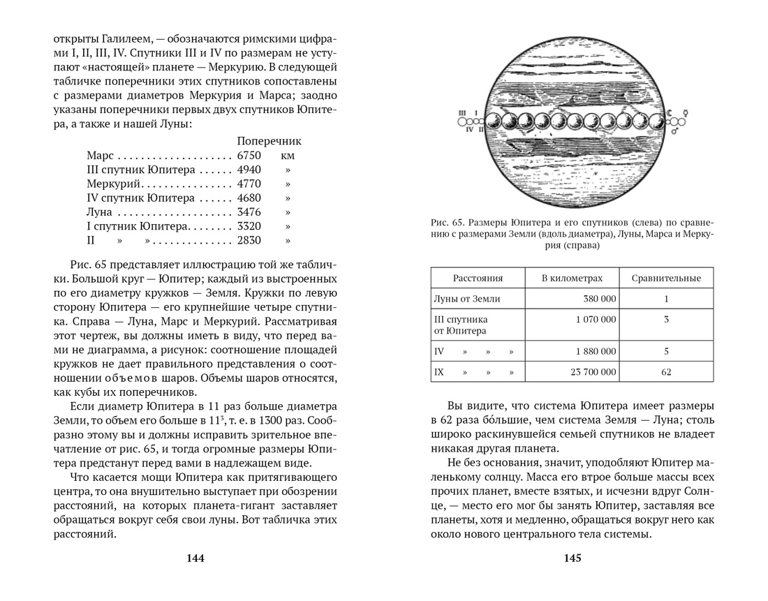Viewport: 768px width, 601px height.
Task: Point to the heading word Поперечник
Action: pos(269,141)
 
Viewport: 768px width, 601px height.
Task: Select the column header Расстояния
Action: pos(478,279)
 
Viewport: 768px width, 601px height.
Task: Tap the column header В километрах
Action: pos(572,279)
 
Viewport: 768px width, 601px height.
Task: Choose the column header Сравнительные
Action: pos(666,279)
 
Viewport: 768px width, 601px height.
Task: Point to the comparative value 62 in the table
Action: pos(666,372)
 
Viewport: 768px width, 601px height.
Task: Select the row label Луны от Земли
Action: pos(467,299)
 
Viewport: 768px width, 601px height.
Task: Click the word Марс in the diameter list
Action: pos(100,156)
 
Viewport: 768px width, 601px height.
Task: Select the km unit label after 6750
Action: pos(288,156)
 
